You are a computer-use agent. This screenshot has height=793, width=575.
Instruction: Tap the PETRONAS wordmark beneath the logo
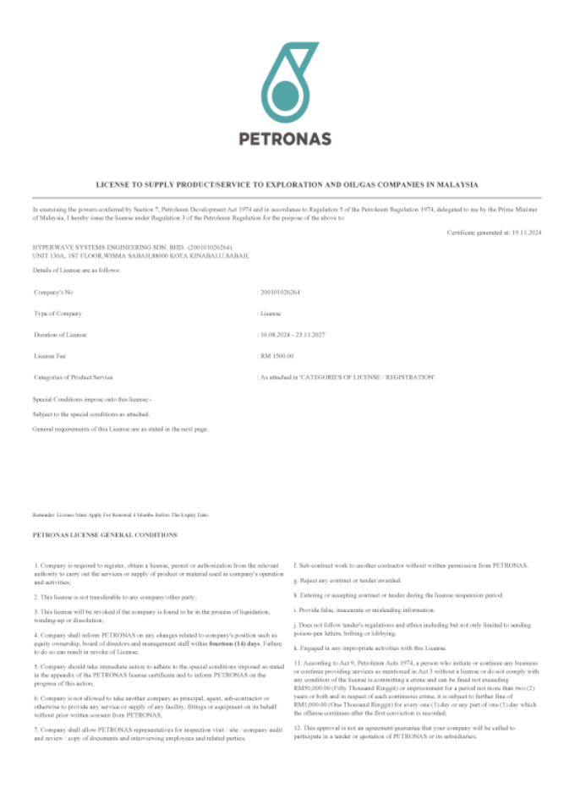(x=285, y=138)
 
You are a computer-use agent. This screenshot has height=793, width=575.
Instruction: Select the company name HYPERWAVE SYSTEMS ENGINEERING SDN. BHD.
(x=101, y=247)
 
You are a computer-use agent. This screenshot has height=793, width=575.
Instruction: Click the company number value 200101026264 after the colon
(x=280, y=291)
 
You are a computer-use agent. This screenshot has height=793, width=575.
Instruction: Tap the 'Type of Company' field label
(x=57, y=314)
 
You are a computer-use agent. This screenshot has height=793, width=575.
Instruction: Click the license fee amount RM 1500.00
(x=276, y=356)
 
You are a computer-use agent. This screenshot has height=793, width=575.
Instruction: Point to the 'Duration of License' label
(x=60, y=335)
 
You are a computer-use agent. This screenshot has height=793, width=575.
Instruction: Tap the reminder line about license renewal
(x=120, y=514)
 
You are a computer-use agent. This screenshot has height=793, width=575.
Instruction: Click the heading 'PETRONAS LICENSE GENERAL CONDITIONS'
(x=104, y=535)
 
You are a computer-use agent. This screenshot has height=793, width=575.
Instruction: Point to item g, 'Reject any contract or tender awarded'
(x=347, y=581)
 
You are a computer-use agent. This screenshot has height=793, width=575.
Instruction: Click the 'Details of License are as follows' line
(x=76, y=270)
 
